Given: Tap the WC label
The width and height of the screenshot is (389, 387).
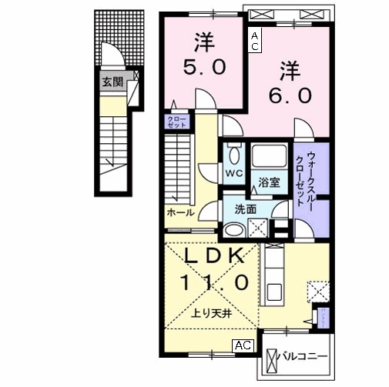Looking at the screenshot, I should [233, 173].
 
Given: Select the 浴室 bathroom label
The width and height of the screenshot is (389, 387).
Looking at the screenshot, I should [269, 182].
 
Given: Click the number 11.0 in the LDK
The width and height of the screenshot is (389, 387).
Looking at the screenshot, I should [214, 282].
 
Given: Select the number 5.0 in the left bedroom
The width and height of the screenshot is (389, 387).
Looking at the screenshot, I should [203, 67].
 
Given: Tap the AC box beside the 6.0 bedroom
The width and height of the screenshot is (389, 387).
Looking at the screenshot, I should [254, 41].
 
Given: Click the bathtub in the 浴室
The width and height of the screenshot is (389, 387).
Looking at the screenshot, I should [270, 156].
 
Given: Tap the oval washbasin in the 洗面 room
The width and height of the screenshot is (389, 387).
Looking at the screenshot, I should [233, 228].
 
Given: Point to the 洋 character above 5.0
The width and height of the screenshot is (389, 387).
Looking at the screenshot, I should [203, 38].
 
